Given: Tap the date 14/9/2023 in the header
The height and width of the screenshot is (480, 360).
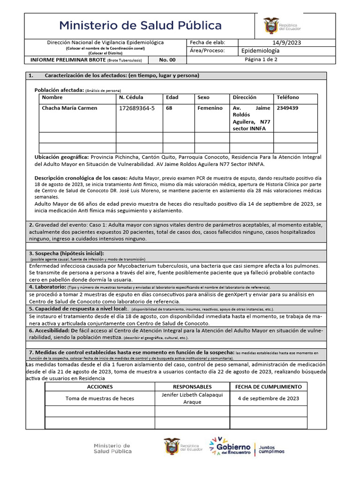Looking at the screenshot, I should point(286,43).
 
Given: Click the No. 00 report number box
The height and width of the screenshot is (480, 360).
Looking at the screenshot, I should point(167,60).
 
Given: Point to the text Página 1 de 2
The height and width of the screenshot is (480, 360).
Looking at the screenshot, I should point(261,60).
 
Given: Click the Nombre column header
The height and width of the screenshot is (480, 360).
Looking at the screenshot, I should point(52,97).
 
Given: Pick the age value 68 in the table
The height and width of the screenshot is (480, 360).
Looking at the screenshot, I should point(170,108).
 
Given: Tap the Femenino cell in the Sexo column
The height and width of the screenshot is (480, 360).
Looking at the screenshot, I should point(210,108).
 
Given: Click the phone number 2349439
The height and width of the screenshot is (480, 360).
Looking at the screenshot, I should point(287,108).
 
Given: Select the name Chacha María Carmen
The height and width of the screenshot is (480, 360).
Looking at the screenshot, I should point(69,108).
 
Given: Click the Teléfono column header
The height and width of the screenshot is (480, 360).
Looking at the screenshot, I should point(288,97).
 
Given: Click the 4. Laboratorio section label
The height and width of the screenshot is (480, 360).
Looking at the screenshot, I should point(47,286).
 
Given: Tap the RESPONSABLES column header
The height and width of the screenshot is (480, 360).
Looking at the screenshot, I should point(192,387).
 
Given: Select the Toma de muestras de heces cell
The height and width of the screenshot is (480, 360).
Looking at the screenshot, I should point(100,398).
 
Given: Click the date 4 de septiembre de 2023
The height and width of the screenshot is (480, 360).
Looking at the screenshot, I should point(268,398).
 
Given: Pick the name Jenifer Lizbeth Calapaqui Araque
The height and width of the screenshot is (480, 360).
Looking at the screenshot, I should point(192,398).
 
